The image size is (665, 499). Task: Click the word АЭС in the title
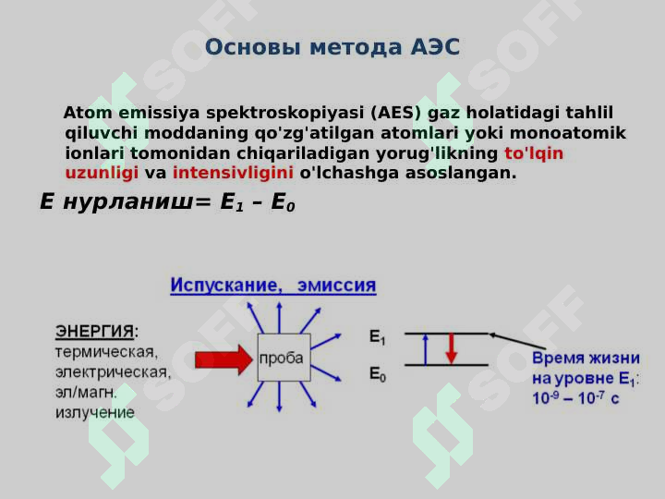point(435,47)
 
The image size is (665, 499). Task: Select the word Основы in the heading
point(253,47)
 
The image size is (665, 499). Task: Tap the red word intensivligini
point(233,173)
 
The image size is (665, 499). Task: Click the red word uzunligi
point(102,173)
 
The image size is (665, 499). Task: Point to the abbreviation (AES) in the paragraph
point(395,113)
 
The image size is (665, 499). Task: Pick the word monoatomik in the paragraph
point(567,133)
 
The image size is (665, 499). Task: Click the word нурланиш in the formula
point(128,201)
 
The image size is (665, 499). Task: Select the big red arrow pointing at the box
point(224,359)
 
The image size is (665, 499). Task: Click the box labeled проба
point(284,358)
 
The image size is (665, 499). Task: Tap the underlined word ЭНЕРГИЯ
point(94,332)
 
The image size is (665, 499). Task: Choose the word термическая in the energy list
point(106,352)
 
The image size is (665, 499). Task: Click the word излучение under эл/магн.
point(95,412)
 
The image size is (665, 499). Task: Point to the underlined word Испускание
point(226,285)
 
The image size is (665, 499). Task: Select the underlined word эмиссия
point(337,285)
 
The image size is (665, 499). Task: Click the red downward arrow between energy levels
point(452,348)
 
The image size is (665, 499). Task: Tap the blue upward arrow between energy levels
point(426,349)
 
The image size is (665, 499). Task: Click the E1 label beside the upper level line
point(377,337)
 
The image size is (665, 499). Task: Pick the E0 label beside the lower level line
point(378,374)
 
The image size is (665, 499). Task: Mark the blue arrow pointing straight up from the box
point(279,318)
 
